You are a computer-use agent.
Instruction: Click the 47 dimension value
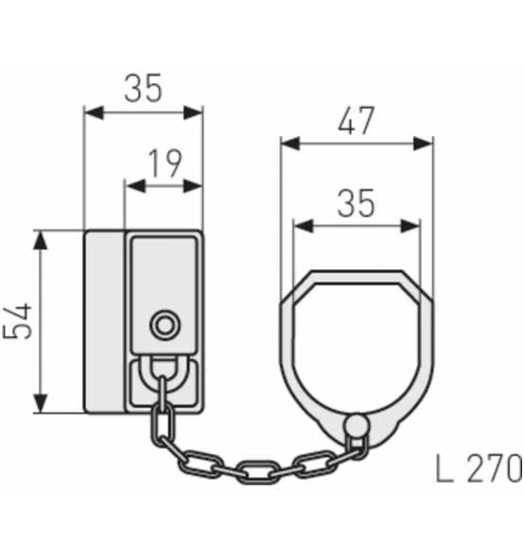(x=357, y=121)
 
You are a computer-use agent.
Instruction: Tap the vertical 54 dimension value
(x=19, y=321)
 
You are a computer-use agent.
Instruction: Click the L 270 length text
(x=479, y=467)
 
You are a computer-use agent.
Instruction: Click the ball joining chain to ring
(x=357, y=427)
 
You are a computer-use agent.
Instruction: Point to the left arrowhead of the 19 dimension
(x=133, y=185)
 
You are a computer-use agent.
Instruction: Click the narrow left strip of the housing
(x=105, y=321)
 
